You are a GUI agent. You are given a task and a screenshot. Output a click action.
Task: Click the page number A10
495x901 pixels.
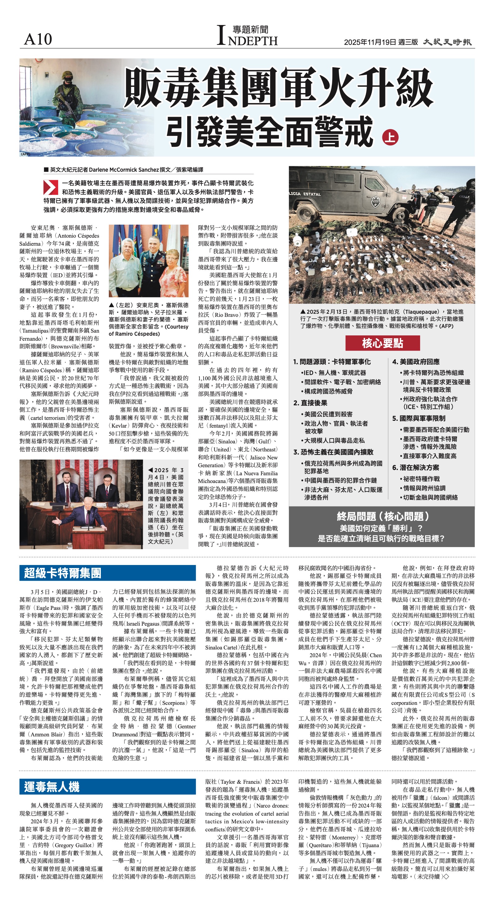click(38, 39)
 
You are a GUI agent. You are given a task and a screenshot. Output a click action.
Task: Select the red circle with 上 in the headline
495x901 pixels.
click(390, 137)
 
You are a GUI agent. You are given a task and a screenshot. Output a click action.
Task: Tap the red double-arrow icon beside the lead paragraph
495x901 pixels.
click(50, 187)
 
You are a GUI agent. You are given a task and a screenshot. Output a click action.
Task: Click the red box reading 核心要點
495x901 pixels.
click(382, 343)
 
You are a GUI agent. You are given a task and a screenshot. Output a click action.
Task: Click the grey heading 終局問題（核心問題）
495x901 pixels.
click(382, 516)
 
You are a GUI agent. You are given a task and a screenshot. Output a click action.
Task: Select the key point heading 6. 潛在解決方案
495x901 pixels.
click(415, 468)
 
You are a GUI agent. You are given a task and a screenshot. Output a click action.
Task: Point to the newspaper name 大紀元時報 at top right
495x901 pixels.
click(447, 42)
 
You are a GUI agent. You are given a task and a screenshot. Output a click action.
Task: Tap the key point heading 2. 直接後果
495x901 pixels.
click(310, 403)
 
